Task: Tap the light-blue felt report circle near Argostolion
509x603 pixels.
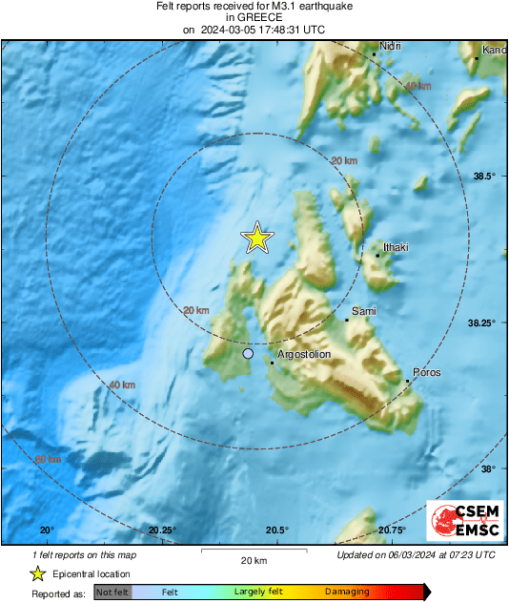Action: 248,354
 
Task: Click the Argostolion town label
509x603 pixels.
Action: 303,354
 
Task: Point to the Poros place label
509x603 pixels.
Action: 426,372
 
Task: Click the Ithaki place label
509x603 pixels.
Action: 396,247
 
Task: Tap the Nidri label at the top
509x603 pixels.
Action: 390,46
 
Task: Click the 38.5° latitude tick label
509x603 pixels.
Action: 486,176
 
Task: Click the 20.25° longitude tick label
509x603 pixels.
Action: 163,530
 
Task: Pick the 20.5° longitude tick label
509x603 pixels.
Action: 276,530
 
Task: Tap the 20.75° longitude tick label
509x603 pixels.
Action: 392,530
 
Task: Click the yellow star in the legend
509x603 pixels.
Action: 38,573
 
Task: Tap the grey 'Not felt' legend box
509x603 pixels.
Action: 112,593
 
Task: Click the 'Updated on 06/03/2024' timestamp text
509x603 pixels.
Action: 417,554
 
